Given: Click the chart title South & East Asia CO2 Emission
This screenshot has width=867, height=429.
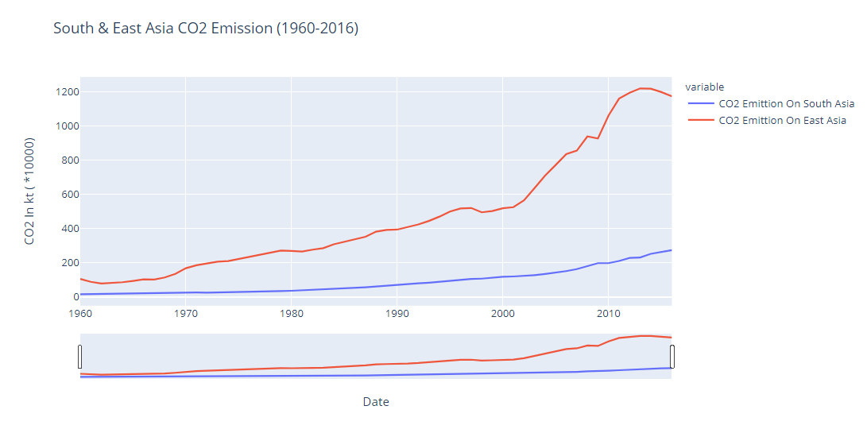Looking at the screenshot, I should click(206, 29).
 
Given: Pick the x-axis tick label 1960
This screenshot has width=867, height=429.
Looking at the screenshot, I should click(79, 314).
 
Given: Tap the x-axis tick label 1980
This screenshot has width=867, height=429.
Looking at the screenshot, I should click(292, 314).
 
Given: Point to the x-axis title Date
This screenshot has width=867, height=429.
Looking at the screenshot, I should click(376, 402).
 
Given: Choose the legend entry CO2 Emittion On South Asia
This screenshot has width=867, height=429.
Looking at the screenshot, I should click(786, 103).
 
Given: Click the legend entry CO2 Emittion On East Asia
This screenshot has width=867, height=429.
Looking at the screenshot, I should click(782, 121).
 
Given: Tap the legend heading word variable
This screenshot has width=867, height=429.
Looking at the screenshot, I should click(704, 87).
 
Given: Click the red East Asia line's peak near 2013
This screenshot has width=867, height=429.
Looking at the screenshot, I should click(641, 88).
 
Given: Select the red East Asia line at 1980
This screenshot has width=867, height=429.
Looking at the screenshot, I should click(292, 251).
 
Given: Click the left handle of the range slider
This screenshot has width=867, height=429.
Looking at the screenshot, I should click(80, 357).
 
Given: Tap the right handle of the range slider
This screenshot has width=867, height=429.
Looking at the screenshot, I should click(672, 357).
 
